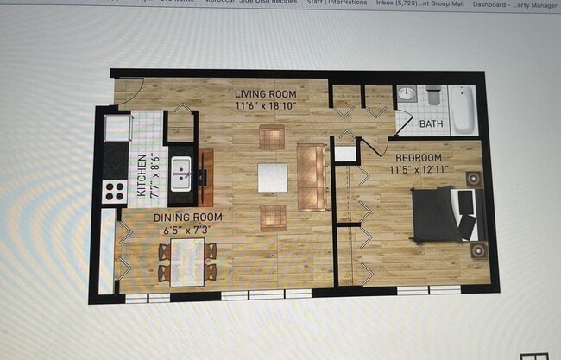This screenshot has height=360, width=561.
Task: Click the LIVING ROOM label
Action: pyautogui.click(x=266, y=94)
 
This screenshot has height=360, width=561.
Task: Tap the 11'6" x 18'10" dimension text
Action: pyautogui.click(x=266, y=105)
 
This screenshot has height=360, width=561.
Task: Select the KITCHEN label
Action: pyautogui.click(x=142, y=175)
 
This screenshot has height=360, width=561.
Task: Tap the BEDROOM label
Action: pyautogui.click(x=419, y=158)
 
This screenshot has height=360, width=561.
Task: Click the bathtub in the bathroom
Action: pyautogui.click(x=463, y=110)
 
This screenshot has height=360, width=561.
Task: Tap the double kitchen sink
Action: pyautogui.click(x=181, y=174)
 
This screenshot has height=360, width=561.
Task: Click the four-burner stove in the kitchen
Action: pyautogui.click(x=115, y=191)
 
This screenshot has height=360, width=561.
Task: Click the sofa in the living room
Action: pyautogui.click(x=311, y=176)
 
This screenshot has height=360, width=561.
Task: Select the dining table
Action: pyautogui.click(x=187, y=260)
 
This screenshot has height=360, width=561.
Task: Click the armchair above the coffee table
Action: pyautogui.click(x=271, y=136)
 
